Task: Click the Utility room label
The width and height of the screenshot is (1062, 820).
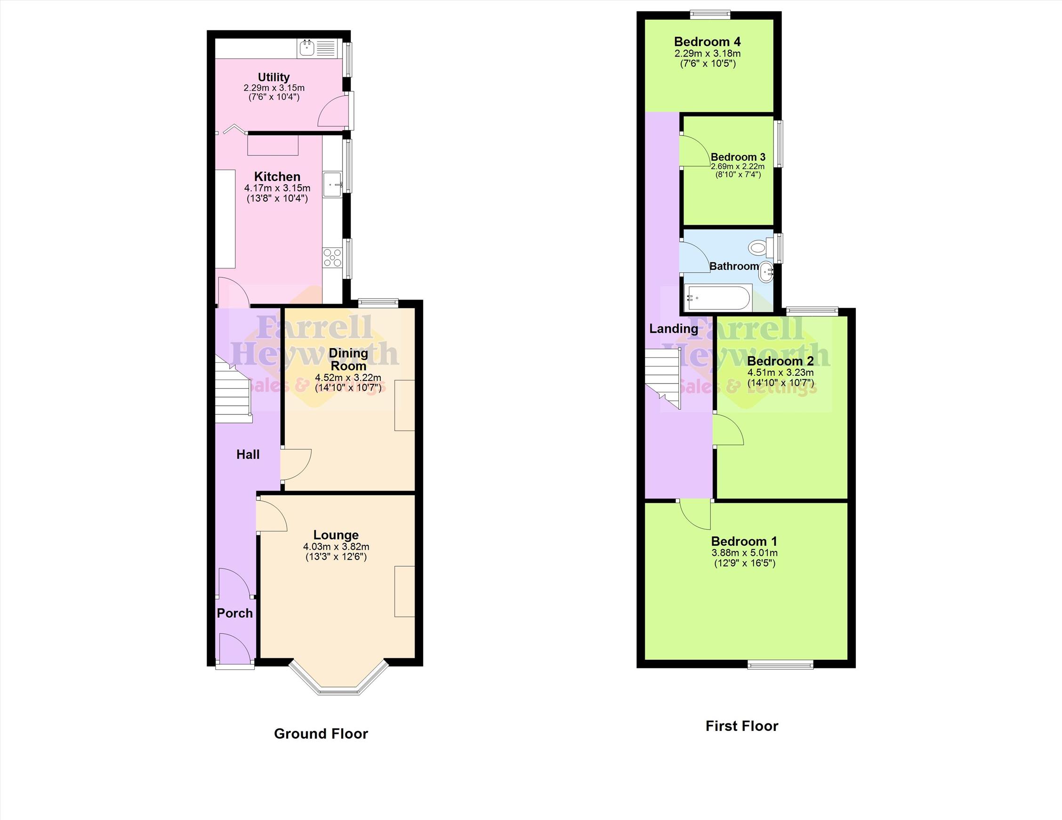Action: [274, 77]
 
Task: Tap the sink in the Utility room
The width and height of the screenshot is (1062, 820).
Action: [316, 49]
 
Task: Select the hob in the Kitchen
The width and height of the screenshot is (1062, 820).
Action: [333, 258]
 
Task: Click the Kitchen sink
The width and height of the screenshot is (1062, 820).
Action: [333, 185]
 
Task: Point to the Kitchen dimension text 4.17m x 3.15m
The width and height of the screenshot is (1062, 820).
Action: [277, 188]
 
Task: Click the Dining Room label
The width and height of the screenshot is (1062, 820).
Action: [348, 359]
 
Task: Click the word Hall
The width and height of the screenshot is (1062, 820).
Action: [248, 455]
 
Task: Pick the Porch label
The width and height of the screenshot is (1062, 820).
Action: [235, 613]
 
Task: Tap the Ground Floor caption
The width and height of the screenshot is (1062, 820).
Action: [321, 734]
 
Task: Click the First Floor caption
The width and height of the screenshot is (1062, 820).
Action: [742, 726]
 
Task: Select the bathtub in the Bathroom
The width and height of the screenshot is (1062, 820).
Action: [718, 298]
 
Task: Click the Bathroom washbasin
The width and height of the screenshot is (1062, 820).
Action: [766, 272]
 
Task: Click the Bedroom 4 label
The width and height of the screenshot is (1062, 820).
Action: [708, 42]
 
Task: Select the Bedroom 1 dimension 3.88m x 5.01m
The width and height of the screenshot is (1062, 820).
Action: [744, 553]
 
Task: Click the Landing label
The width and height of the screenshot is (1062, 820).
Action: [674, 329]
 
